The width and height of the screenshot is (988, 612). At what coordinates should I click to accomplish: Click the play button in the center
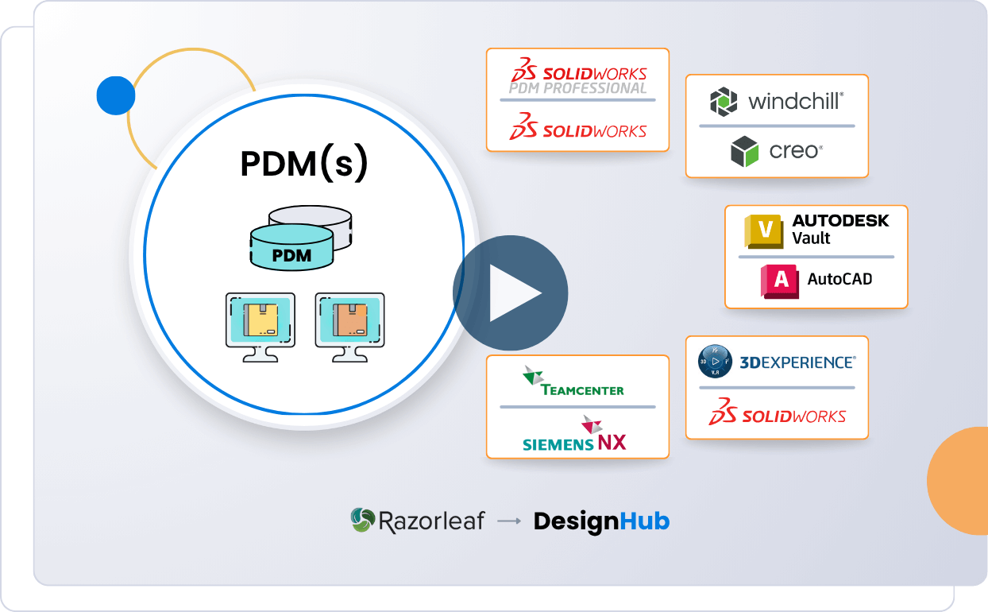click(x=511, y=292)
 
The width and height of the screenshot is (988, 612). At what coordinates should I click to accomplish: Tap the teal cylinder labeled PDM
click(x=291, y=247)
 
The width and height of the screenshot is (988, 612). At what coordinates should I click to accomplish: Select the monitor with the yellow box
click(x=260, y=327)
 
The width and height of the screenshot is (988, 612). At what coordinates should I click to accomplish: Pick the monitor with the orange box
click(x=349, y=327)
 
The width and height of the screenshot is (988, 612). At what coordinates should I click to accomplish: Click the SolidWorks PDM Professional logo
click(x=577, y=78)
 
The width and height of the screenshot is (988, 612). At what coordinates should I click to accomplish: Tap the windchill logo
click(x=776, y=102)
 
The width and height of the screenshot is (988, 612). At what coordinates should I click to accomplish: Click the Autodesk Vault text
click(x=839, y=229)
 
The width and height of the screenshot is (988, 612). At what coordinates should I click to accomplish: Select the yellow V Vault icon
click(x=764, y=230)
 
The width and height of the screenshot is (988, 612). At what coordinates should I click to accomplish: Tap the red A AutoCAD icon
click(x=779, y=281)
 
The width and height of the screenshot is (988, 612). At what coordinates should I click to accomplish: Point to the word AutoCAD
click(x=839, y=279)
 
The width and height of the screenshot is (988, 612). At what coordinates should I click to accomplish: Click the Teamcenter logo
click(x=573, y=381)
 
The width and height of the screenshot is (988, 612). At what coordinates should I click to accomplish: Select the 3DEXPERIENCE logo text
click(x=797, y=362)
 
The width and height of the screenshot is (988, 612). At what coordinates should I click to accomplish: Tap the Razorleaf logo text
click(x=418, y=521)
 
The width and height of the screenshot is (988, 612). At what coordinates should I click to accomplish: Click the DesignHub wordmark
click(x=601, y=521)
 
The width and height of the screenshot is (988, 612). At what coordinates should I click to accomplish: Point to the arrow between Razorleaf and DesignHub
click(x=508, y=521)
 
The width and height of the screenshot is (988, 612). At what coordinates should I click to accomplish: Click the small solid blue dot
click(x=116, y=95)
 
